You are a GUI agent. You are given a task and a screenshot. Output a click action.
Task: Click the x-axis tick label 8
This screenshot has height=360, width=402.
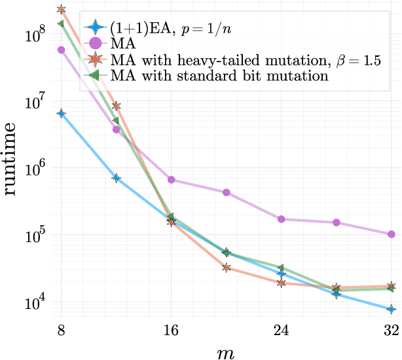61,330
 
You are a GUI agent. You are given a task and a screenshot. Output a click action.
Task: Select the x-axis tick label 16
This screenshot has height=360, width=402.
171,330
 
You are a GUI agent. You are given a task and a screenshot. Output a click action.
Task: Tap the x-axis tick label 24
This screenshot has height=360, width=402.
281,330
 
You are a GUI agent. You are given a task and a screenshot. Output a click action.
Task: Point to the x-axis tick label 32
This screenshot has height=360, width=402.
392,330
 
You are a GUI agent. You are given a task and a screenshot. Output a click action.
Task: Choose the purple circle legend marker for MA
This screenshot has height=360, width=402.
96,45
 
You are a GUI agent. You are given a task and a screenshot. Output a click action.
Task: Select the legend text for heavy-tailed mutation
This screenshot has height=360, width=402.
246,61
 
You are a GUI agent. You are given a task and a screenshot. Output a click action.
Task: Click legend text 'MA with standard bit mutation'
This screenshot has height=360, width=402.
219,76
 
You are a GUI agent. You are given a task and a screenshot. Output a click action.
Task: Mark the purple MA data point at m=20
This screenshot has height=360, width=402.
226,192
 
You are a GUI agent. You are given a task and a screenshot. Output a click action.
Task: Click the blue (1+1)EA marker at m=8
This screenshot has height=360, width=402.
61,113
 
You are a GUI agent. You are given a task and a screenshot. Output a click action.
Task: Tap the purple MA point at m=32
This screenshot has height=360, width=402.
392,234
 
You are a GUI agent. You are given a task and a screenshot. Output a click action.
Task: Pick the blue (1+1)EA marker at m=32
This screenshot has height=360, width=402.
392,309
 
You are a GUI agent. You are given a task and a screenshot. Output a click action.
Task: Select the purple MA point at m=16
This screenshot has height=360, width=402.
171,179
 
